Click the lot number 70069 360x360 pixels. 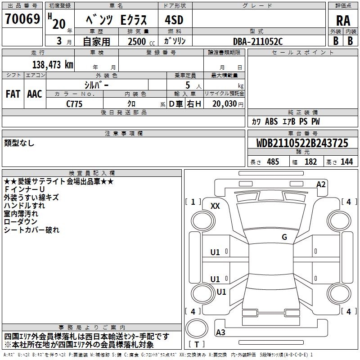point(22,19)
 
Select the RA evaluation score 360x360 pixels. point(343,20)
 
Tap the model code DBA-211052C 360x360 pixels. point(258,41)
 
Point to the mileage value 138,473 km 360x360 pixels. point(53,64)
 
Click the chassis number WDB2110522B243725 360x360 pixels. point(302,144)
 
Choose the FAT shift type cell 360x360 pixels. point(13,94)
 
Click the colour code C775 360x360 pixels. point(75,103)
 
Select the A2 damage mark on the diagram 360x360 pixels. point(321,184)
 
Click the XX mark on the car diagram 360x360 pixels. point(216,206)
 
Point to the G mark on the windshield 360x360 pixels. point(284,237)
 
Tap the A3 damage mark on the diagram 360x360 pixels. point(221,333)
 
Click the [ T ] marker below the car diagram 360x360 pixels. point(197,344)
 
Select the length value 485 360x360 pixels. point(273,162)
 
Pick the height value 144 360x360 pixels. point(346,162)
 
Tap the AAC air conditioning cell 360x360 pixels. point(35,94)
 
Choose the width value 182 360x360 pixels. point(310,162)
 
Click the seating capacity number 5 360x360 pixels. point(187,84)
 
